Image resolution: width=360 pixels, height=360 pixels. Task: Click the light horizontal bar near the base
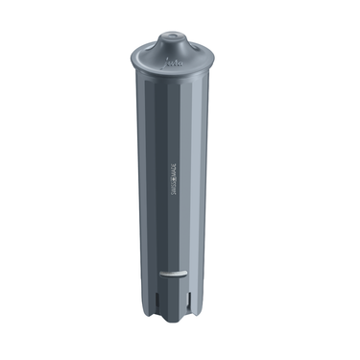[x=171, y=273]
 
